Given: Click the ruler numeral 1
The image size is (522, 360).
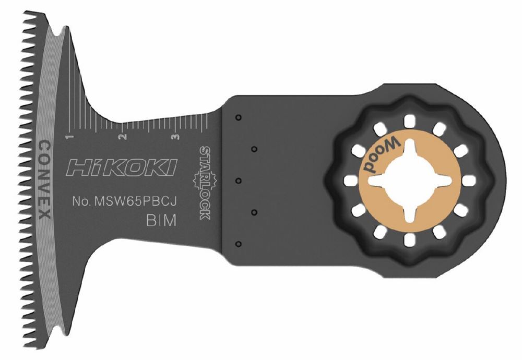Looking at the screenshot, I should (68, 137).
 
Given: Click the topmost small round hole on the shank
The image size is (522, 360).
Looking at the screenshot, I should (238, 117).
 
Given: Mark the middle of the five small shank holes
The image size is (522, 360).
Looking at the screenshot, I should (238, 181).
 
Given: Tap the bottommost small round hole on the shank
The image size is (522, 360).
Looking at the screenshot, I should (238, 244).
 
